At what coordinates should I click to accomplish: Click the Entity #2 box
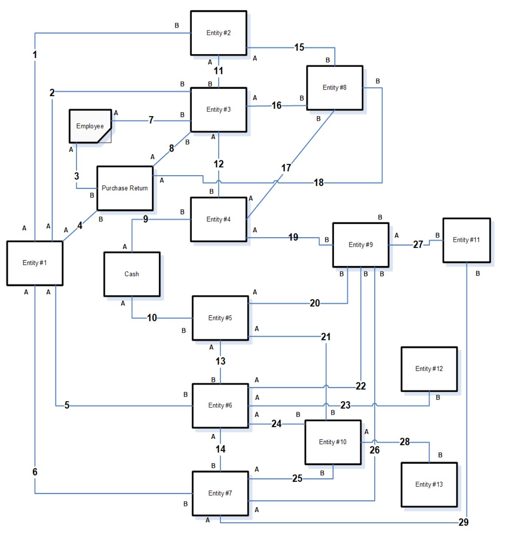point(218,33)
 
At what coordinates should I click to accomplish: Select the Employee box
point(90,126)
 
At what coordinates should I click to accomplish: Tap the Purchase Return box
point(125,188)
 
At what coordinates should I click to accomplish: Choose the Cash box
point(132,274)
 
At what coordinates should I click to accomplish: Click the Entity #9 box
point(361,245)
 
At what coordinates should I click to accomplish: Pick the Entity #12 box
point(429,369)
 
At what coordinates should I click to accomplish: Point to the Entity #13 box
point(429,484)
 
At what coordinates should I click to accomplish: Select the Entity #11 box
point(466,240)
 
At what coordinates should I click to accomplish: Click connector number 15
point(299,47)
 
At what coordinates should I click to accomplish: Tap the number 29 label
point(463,522)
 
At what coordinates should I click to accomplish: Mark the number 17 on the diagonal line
point(286,168)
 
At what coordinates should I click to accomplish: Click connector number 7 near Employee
point(151,120)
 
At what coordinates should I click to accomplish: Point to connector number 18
point(319,182)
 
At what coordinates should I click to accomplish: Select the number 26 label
point(375,450)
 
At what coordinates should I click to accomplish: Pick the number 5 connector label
point(67,405)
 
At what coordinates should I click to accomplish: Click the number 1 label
point(35,54)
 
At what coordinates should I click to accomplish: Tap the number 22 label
point(361,386)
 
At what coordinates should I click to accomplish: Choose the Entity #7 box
point(220,493)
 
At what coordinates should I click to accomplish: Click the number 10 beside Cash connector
point(152,318)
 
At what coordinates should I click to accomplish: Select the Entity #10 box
point(333,442)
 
